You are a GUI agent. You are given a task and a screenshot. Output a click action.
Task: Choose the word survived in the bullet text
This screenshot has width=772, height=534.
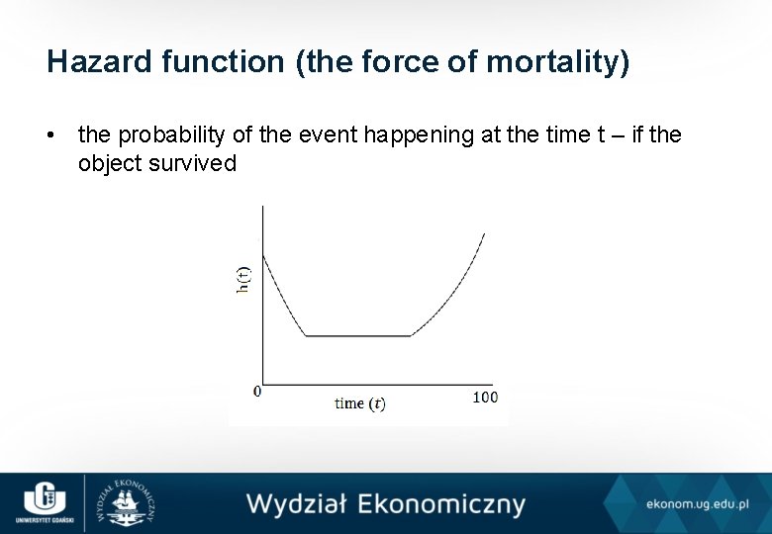[192, 163]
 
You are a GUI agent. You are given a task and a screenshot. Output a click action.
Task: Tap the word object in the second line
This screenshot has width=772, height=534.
[110, 163]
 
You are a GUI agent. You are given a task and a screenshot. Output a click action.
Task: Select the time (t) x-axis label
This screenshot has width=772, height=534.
[360, 402]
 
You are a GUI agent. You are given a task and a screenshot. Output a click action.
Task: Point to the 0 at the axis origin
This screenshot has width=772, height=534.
[257, 392]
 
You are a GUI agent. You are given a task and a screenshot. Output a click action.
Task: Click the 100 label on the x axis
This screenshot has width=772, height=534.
[485, 397]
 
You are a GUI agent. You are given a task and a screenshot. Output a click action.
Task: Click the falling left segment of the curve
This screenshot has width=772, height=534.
[283, 297]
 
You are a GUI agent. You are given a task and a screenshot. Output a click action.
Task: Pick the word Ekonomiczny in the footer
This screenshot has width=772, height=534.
[441, 503]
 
